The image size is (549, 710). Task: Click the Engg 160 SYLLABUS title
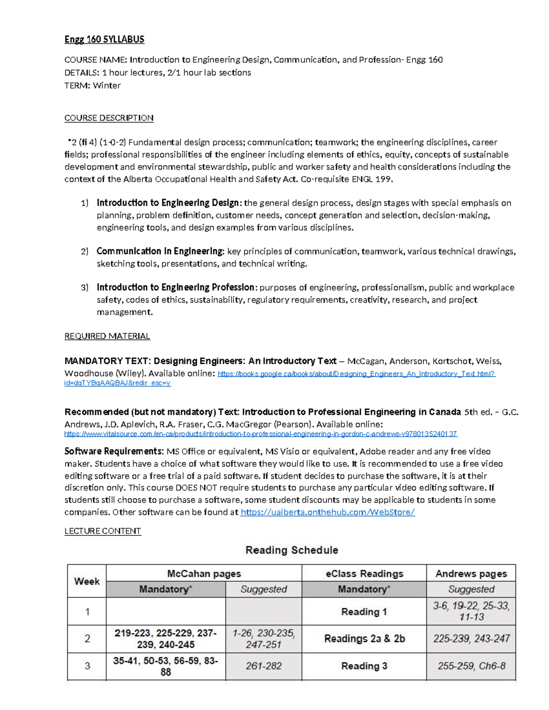(104, 39)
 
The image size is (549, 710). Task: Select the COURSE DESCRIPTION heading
(109, 118)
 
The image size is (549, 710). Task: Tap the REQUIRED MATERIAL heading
(107, 336)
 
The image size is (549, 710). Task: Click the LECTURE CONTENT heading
(102, 531)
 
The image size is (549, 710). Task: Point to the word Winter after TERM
(107, 85)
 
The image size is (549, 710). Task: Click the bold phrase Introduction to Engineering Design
(168, 203)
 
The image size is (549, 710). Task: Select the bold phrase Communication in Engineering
(160, 251)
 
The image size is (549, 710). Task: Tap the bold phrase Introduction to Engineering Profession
(176, 287)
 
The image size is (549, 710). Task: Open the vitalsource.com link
(261, 434)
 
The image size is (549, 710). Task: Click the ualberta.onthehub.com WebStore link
(328, 512)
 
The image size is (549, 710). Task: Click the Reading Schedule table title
(292, 550)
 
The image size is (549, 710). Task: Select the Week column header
(87, 581)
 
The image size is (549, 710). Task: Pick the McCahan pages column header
(204, 574)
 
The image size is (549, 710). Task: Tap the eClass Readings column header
(364, 574)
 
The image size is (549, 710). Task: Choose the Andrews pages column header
(471, 574)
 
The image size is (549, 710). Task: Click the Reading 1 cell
(364, 612)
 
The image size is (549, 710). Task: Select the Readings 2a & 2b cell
(364, 639)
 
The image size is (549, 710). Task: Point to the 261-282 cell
(264, 666)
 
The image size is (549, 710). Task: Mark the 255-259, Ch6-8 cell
(471, 666)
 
